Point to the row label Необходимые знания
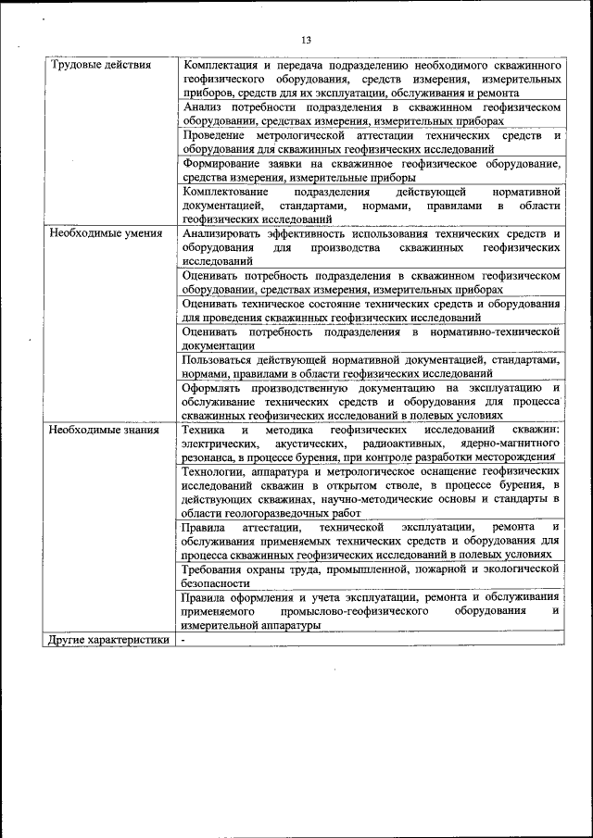(104, 430)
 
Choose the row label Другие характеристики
(108, 639)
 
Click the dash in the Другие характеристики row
(184, 639)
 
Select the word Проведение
(215, 135)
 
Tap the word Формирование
(223, 164)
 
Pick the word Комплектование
(225, 192)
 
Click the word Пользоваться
(221, 359)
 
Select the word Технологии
(216, 471)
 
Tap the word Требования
(218, 569)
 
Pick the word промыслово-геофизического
(356, 611)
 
